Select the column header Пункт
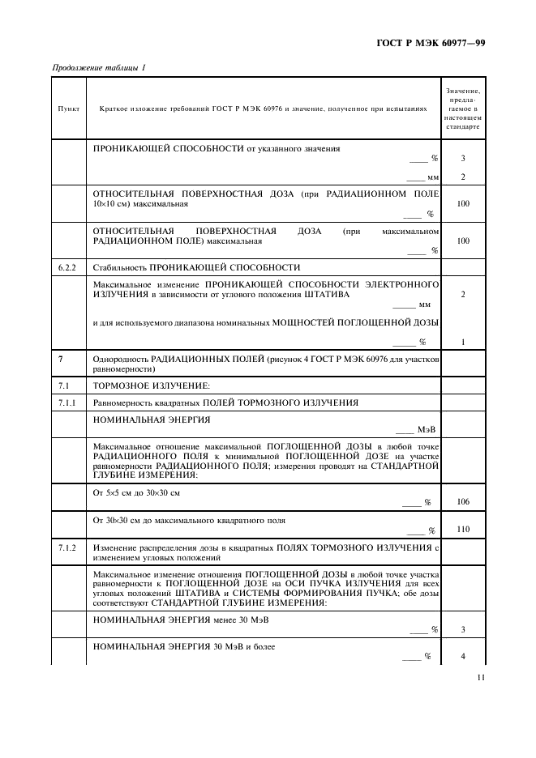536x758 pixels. coord(69,109)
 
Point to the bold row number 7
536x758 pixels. coord(61,358)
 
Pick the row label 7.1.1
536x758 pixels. coord(68,402)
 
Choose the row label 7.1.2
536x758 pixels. coord(68,548)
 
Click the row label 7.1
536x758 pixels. coord(65,385)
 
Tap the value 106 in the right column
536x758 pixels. coord(463,502)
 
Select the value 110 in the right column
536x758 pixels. coord(463,530)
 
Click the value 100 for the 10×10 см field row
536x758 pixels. coord(463,204)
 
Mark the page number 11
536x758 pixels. coord(482,679)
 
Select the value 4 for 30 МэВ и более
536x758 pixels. coord(463,656)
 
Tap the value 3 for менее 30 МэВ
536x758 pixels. coord(463,628)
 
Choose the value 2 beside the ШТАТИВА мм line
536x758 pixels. coord(463,295)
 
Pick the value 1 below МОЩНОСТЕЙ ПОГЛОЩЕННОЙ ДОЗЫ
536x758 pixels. coord(463,342)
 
